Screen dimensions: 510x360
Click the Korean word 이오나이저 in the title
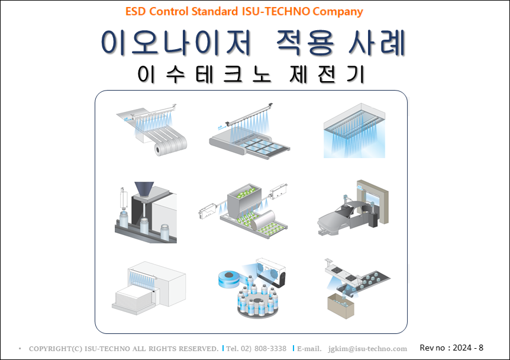point(176,42)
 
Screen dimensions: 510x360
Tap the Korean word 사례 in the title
point(377,42)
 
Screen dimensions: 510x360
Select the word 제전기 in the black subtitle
point(327,74)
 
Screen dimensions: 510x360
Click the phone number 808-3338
point(270,349)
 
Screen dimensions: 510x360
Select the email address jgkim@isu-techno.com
point(367,349)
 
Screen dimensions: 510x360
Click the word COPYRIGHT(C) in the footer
point(56,349)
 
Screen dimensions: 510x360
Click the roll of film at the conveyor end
point(161,149)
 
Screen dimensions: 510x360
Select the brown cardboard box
point(341,306)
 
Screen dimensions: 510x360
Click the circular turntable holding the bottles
point(257,308)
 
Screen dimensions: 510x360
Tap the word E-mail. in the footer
point(309,349)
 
